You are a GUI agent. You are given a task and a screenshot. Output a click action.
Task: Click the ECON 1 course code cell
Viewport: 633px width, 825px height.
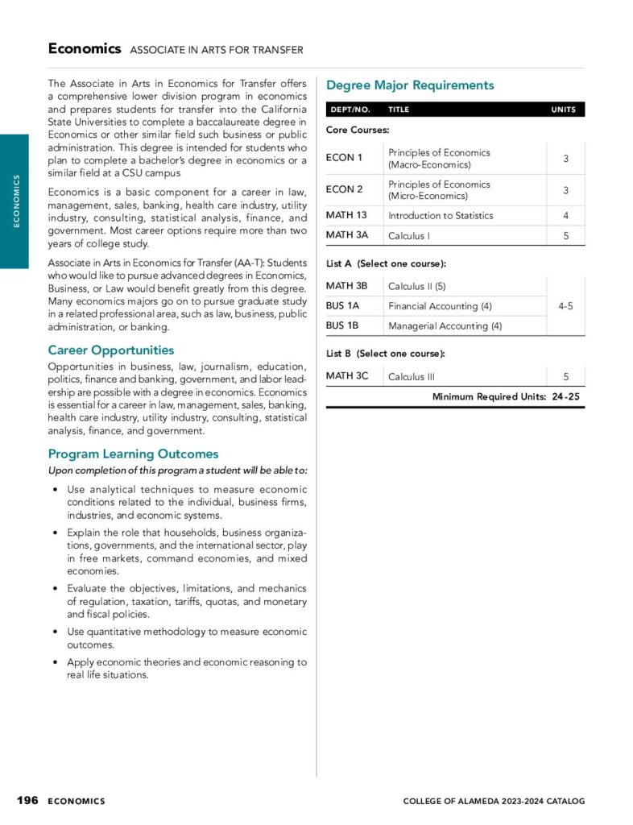pos(344,158)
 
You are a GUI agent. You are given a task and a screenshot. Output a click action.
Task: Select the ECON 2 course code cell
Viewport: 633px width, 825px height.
pos(344,189)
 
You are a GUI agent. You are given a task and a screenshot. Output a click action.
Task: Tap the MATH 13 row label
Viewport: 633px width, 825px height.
pos(346,215)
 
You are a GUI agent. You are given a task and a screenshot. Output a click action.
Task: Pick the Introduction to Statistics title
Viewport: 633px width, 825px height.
pos(441,216)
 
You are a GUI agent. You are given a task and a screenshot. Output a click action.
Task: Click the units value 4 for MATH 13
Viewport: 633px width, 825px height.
pos(565,216)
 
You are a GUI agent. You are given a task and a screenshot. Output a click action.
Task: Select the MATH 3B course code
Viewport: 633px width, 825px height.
pos(346,285)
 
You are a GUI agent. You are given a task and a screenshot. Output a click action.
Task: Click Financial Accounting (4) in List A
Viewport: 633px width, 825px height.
pos(440,306)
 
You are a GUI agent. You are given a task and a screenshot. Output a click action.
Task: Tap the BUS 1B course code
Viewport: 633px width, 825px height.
pos(342,325)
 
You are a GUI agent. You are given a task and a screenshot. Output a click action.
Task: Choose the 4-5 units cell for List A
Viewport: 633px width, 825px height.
pos(565,306)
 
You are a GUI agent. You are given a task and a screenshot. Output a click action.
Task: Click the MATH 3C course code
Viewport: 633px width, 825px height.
pos(346,375)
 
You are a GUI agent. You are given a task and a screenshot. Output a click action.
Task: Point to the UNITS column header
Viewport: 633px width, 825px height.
pos(563,110)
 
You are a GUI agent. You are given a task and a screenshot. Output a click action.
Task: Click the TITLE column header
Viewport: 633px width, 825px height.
pos(399,110)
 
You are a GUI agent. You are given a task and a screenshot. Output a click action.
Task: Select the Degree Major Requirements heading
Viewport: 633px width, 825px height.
pos(410,85)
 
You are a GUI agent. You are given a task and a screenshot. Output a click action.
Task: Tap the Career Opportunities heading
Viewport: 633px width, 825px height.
pos(111,350)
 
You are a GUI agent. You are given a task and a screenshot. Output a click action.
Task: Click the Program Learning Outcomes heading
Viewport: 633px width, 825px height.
pos(133,454)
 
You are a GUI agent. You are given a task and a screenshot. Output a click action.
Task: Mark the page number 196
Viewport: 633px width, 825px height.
pos(28,800)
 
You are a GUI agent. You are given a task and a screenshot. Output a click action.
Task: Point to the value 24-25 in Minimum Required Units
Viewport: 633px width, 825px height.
pos(566,396)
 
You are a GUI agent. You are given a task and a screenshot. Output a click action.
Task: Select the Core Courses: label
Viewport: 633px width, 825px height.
pos(358,130)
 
